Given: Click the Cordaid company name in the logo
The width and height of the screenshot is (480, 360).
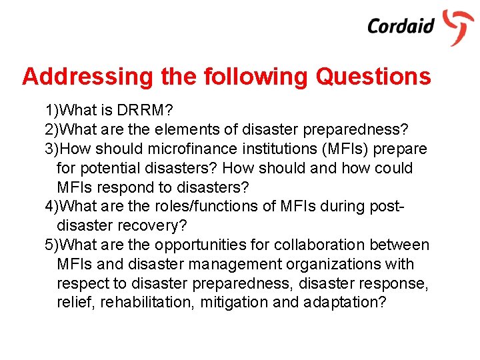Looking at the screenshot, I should (x=401, y=26).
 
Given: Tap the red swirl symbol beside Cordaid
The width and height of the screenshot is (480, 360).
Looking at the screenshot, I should (x=459, y=26).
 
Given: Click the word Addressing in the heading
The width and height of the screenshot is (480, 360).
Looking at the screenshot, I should (x=88, y=77).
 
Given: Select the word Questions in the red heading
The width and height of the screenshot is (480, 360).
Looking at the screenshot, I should (x=373, y=77).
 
